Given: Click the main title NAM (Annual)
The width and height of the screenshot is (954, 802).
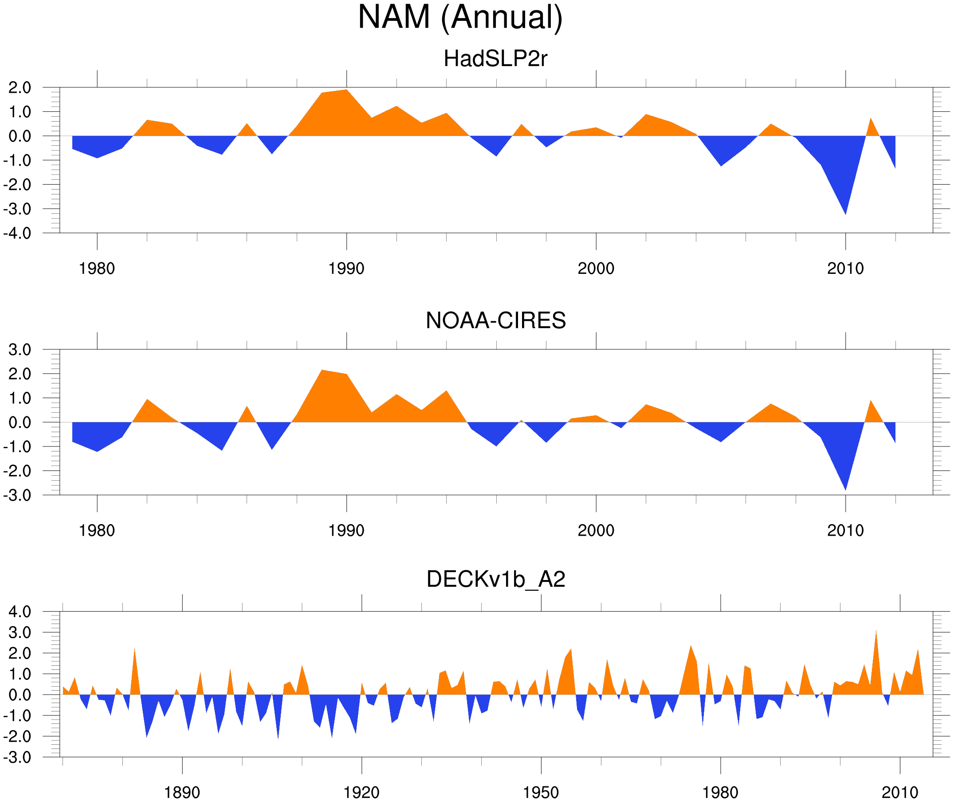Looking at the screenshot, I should coord(460,17).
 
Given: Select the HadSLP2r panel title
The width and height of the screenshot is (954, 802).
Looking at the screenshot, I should coord(495,59).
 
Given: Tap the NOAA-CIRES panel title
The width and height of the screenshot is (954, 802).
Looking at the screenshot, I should coord(495,320).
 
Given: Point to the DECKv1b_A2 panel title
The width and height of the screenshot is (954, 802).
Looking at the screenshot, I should coord(495,579).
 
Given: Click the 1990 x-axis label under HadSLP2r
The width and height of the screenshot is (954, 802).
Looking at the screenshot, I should coord(346,269).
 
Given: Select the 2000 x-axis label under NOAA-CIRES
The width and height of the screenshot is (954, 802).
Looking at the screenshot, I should coord(596,530).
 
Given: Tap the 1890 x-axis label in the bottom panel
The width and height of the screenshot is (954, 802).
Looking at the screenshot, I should coord(182,792).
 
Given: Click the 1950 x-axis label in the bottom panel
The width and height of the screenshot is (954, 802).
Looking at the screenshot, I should coord(541,792).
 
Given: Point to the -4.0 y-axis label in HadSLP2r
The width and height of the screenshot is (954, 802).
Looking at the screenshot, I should coord(17,233).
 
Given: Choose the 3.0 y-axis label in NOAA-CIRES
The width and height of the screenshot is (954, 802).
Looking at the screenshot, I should coord(20,350).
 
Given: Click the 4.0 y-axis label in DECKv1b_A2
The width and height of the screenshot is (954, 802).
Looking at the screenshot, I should coord(20,612).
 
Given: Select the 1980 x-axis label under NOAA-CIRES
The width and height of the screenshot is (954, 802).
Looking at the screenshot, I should coord(97,530).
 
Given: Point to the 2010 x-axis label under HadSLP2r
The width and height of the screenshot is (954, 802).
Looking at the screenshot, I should coord(845,269).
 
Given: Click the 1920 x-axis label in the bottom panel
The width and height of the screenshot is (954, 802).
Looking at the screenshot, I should coord(361,792).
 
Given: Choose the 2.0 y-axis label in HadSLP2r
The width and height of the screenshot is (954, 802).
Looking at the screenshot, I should coord(20,88).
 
